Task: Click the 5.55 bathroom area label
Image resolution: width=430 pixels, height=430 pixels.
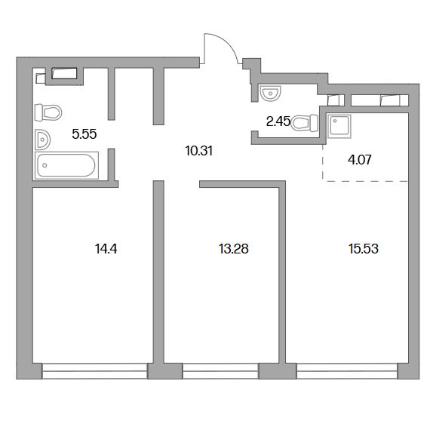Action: pos(84,134)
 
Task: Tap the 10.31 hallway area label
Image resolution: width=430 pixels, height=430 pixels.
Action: pos(199,151)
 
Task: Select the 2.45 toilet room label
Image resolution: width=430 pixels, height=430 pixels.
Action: pos(278,121)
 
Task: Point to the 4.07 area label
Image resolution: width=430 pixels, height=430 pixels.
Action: pos(360,160)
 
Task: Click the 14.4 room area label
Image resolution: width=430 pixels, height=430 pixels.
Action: pos(106,249)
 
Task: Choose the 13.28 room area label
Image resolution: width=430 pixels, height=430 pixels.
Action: pos(234,249)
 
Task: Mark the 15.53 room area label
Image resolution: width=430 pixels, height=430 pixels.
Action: pos(364,249)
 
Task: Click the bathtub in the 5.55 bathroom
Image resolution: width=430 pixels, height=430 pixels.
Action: pos(66,165)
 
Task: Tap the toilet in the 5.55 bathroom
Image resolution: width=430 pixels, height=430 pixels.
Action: pos(48,112)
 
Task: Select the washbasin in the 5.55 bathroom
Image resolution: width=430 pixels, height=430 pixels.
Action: pos(42,140)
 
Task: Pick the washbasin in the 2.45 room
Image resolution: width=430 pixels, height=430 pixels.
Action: pos(270,93)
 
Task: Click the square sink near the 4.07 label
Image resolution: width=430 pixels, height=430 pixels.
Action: pos(339,126)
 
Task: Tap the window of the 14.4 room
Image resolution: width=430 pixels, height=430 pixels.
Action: pos(95,371)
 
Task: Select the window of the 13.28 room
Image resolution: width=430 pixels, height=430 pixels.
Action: pos(221,371)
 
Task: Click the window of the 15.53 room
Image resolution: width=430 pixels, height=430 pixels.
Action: pos(347,371)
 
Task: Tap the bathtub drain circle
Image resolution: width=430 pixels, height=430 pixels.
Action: pos(45,165)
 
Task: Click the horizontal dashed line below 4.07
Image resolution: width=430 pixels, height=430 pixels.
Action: pos(365,181)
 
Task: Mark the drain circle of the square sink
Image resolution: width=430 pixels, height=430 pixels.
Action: pos(335,121)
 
